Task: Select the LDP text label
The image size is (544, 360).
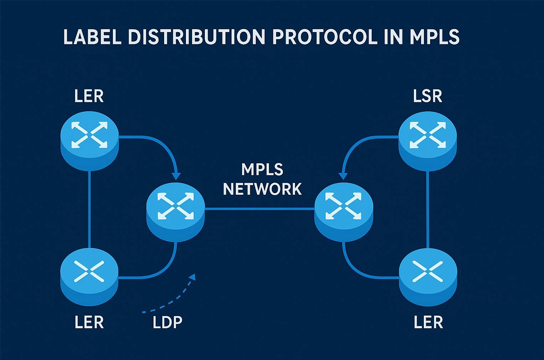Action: click(168, 323)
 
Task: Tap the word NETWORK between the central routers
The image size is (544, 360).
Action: click(262, 188)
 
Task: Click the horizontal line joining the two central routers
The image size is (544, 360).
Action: click(259, 209)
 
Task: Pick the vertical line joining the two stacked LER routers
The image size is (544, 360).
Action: click(89, 209)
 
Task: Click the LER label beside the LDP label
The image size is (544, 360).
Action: click(89, 323)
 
